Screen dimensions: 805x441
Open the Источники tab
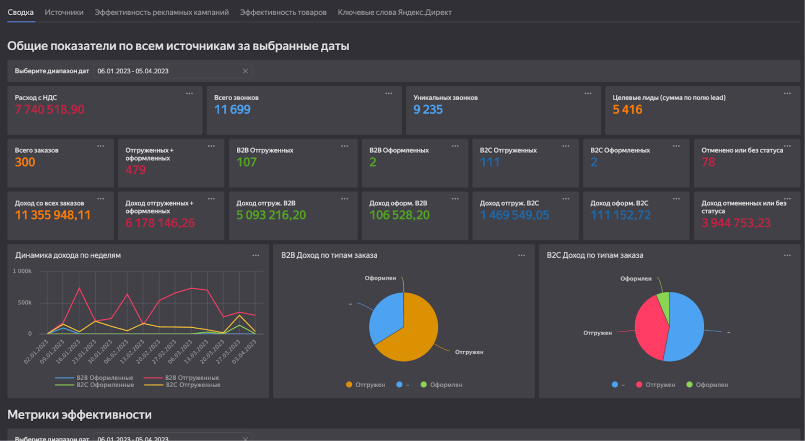click(64, 13)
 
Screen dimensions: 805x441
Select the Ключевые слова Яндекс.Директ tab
click(395, 13)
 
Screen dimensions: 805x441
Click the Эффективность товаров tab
click(283, 13)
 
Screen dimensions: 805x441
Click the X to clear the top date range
click(245, 71)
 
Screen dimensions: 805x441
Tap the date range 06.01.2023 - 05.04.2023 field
click(172, 71)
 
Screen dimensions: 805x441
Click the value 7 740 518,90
click(50, 110)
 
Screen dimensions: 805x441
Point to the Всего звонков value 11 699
click(232, 110)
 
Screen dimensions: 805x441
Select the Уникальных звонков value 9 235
click(428, 110)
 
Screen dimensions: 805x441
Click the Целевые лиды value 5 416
click(627, 110)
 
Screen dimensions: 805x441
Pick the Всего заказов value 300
click(25, 162)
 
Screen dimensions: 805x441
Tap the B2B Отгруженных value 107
click(247, 162)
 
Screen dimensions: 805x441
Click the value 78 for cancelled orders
click(708, 162)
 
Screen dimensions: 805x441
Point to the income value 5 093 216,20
click(271, 215)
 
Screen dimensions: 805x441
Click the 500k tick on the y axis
click(25, 303)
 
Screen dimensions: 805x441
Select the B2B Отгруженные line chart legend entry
click(181, 378)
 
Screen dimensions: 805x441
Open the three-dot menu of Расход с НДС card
click(190, 94)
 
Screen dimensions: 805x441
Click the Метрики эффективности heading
click(80, 415)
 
